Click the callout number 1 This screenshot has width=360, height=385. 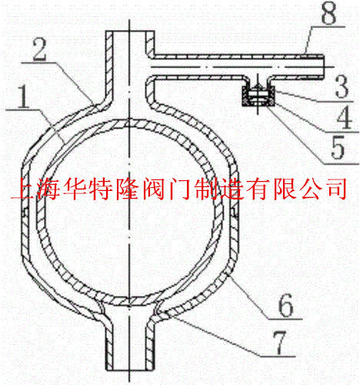point(23,97)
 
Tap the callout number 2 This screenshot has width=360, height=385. point(40,49)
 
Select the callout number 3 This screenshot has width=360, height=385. point(342,86)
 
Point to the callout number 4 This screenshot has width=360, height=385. point(344,118)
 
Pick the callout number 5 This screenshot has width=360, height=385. point(338,148)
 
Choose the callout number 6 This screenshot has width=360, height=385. point(285,305)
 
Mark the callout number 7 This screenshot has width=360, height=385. point(279,342)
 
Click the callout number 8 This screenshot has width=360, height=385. point(328,13)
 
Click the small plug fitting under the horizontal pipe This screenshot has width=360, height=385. point(258,96)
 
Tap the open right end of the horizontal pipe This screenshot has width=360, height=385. point(324,66)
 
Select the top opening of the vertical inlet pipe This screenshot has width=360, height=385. point(130,32)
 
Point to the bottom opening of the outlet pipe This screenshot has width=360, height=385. point(130,369)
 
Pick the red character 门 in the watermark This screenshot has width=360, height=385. point(180,189)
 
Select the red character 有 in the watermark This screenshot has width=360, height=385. point(258,189)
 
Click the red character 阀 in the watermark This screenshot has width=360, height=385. point(154,189)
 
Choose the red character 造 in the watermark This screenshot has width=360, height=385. point(232,189)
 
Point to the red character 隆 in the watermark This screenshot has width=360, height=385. point(128,189)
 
